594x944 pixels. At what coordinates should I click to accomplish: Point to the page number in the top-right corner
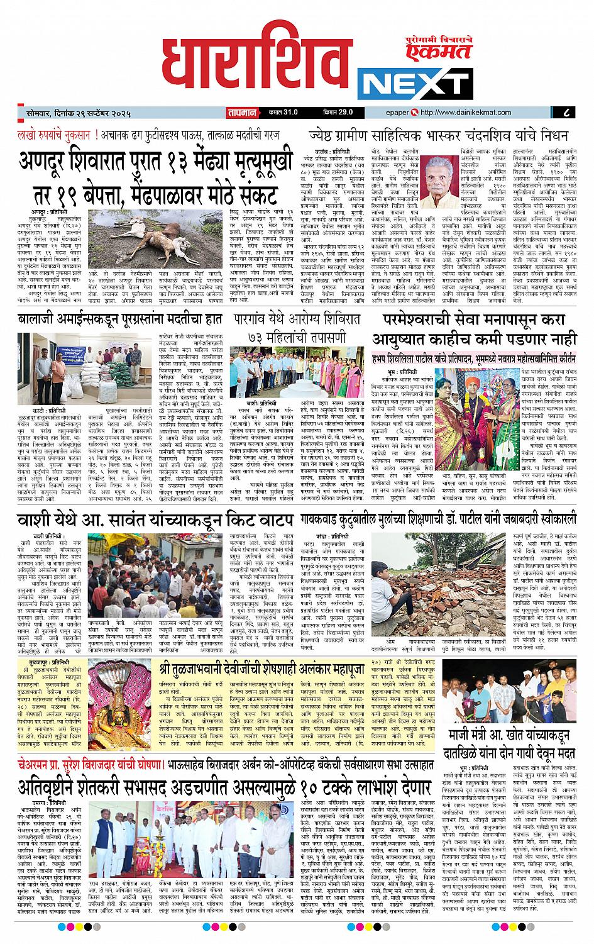pos(567,113)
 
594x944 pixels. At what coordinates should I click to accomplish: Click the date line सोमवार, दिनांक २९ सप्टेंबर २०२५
pos(75,113)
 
